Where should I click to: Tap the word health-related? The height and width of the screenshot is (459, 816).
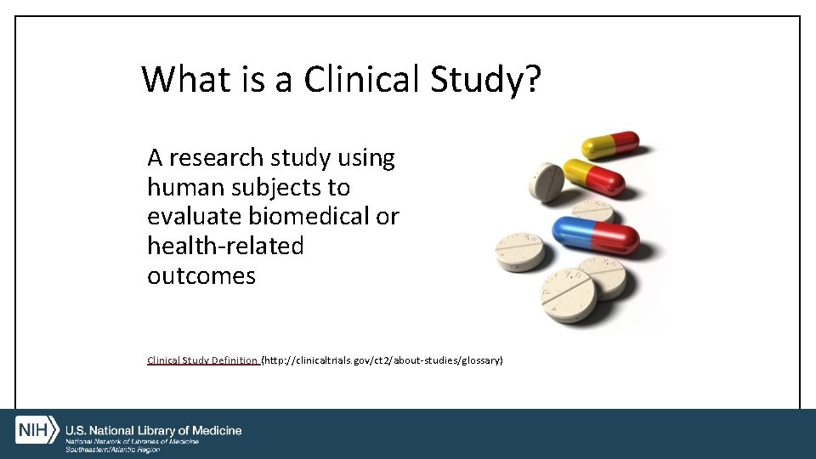tap(225, 246)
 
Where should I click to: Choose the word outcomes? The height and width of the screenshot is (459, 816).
tap(201, 276)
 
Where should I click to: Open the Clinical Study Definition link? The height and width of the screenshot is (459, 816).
tap(203, 360)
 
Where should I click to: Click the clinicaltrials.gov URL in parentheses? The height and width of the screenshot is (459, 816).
tap(382, 360)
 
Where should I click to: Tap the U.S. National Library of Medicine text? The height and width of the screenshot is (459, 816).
tap(154, 430)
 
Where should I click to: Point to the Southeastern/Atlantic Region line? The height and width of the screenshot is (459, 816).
tap(113, 450)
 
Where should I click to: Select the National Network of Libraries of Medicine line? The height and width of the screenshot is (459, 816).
tap(133, 441)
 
